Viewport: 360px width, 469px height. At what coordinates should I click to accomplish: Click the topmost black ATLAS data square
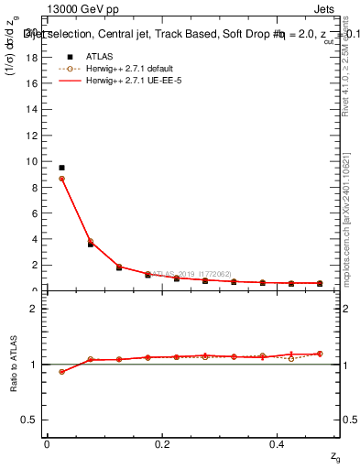point(61,168)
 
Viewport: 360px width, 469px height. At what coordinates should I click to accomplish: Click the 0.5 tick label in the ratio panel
point(30,420)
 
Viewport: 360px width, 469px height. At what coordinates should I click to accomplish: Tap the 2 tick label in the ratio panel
point(35,309)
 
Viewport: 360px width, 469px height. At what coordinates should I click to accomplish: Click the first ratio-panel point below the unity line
point(61,372)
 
